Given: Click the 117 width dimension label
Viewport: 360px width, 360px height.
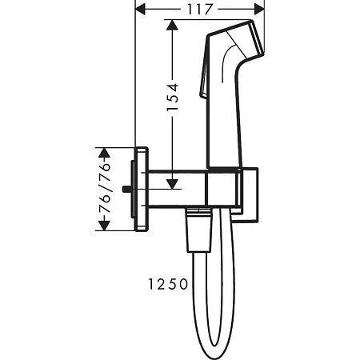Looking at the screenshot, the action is click(200, 10).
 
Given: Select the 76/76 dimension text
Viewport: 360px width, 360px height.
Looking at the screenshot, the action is click(105, 188).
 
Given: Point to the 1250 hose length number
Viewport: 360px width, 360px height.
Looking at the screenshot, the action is click(168, 284).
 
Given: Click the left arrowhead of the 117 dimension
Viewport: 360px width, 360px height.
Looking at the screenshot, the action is click(141, 10).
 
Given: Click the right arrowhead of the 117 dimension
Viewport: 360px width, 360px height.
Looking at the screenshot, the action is click(259, 10).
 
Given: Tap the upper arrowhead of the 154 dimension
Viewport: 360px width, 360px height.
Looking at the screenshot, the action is click(172, 25).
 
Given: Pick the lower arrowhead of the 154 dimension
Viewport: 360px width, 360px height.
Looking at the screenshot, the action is click(172, 184).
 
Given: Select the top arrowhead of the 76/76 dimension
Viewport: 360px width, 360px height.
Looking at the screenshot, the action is click(104, 153).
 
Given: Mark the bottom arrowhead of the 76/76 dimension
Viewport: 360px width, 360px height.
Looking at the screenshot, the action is click(104, 226).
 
